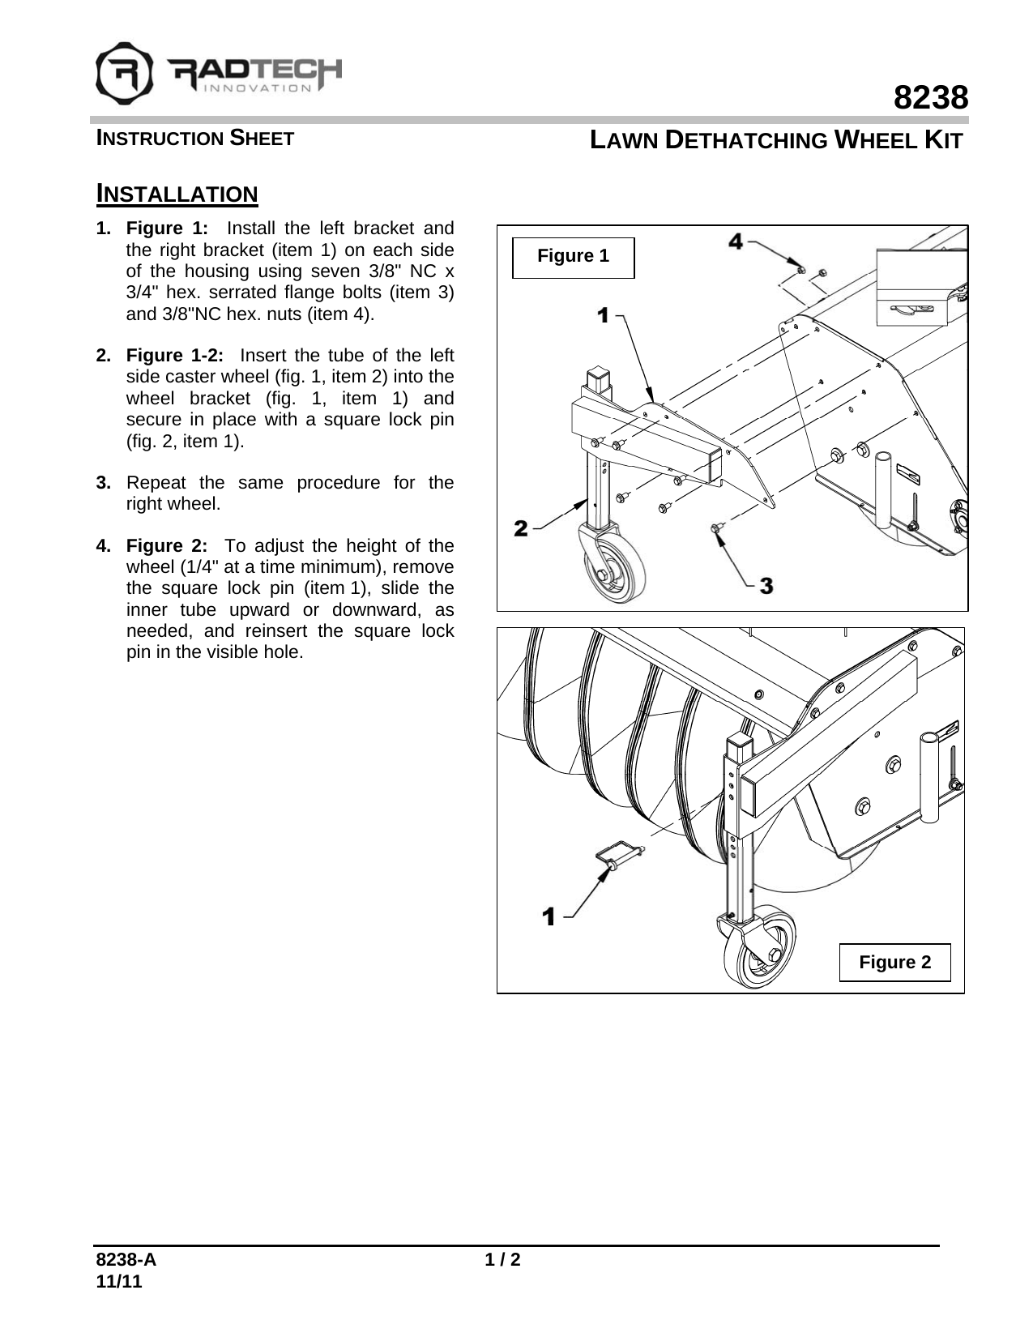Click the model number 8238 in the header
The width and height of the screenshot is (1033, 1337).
931,98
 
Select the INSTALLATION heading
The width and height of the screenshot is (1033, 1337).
177,194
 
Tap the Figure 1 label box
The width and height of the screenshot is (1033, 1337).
573,257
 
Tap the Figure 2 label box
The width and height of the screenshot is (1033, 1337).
894,963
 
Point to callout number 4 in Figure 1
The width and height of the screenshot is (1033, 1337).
735,241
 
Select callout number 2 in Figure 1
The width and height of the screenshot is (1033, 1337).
521,528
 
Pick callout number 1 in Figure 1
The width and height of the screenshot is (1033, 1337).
603,316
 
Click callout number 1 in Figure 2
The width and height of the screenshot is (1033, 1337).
549,917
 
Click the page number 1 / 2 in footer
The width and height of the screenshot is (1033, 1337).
502,1260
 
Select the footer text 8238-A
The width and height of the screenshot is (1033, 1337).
126,1260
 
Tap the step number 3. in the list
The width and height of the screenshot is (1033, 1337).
104,483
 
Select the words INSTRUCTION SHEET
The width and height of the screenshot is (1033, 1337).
195,139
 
